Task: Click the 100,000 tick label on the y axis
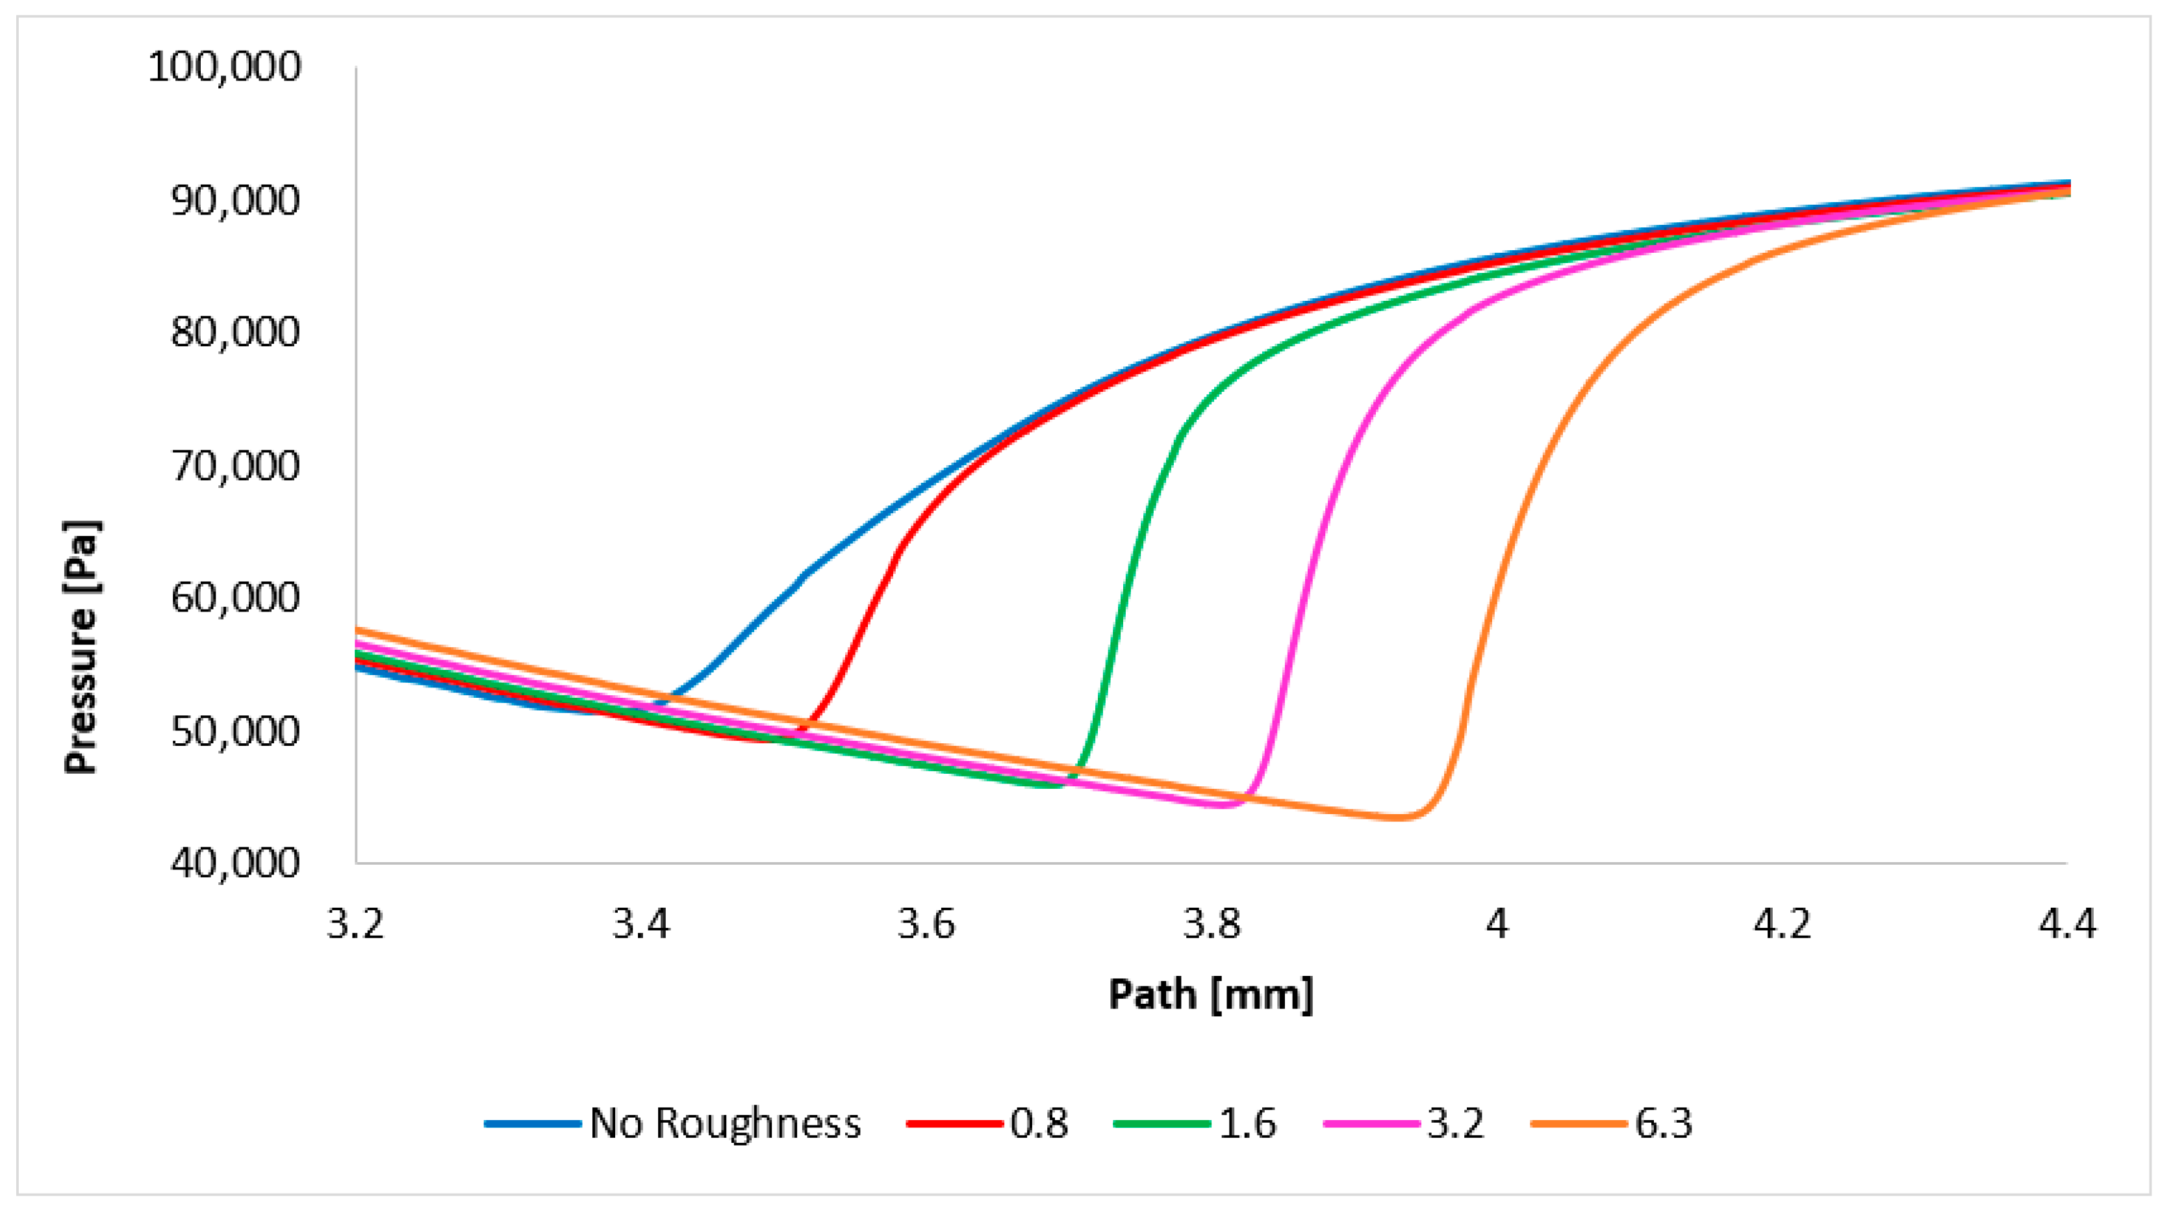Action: coord(223,67)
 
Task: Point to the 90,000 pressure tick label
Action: coord(235,200)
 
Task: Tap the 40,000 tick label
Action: coord(235,863)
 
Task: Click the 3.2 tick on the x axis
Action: coord(355,924)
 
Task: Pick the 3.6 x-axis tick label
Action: coord(926,924)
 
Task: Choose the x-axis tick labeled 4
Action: coord(1496,924)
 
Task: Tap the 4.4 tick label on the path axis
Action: coord(2066,924)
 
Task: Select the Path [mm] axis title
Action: coord(1210,994)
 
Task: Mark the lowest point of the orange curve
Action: coord(1399,817)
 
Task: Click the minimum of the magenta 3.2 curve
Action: coord(1222,804)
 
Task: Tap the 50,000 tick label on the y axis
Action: coord(235,730)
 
